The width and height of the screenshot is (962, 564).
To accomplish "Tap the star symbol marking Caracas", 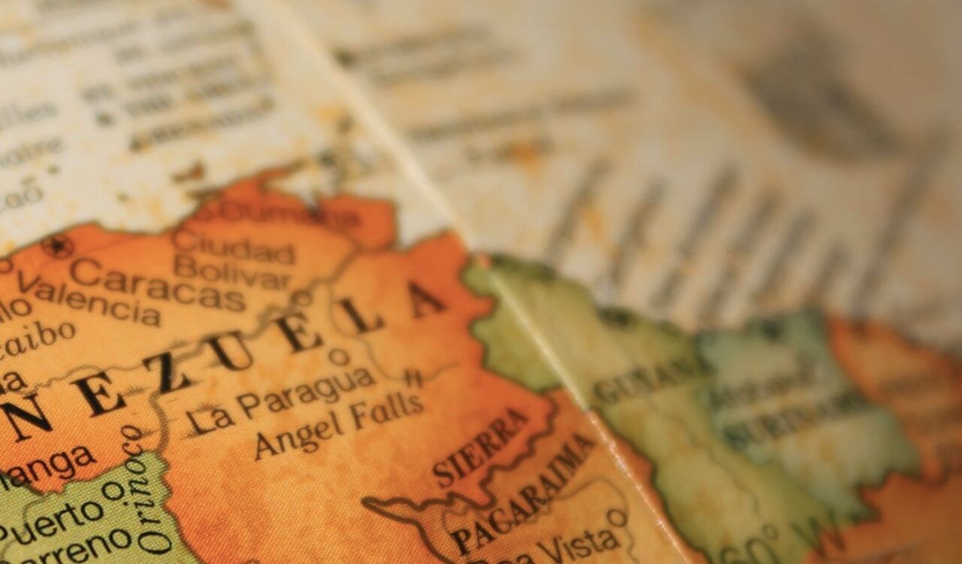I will tap(57, 246).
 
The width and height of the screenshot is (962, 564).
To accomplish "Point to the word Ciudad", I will tap(234, 248).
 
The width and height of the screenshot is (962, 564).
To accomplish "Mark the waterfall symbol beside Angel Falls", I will tap(412, 378).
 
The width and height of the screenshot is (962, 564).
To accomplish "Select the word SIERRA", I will tap(482, 447).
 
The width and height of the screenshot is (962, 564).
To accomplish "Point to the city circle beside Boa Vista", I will tap(616, 517).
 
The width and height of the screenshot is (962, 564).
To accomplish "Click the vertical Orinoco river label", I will tap(142, 489).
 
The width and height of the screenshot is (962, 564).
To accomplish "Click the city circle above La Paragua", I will tap(339, 356).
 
